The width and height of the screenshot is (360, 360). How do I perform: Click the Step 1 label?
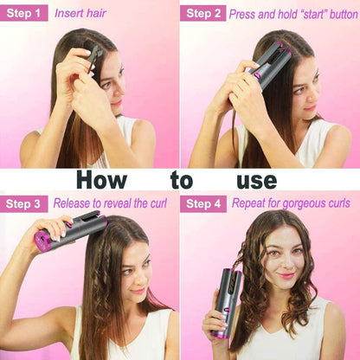(x=23, y=13)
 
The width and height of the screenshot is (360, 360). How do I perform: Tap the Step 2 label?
(x=203, y=13)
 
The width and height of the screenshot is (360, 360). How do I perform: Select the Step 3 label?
(x=23, y=203)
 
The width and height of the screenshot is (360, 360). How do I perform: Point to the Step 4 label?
(x=203, y=204)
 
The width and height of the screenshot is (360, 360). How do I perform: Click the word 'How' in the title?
(x=102, y=180)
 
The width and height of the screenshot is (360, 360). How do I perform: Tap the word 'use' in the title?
(x=257, y=181)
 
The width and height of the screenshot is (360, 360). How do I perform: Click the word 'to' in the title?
(x=182, y=180)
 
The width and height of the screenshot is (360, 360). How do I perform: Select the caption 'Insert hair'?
(x=80, y=13)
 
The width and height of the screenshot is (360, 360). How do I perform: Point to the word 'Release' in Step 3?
(x=72, y=203)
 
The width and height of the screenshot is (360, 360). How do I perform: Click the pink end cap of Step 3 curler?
(x=42, y=241)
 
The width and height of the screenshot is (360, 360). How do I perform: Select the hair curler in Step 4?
(x=227, y=302)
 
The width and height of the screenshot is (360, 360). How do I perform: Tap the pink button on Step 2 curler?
(x=256, y=75)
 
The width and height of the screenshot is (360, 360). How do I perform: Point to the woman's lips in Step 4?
(x=286, y=275)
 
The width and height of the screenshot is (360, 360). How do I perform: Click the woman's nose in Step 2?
(x=311, y=97)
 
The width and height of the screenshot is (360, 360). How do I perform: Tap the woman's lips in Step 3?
(x=138, y=291)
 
